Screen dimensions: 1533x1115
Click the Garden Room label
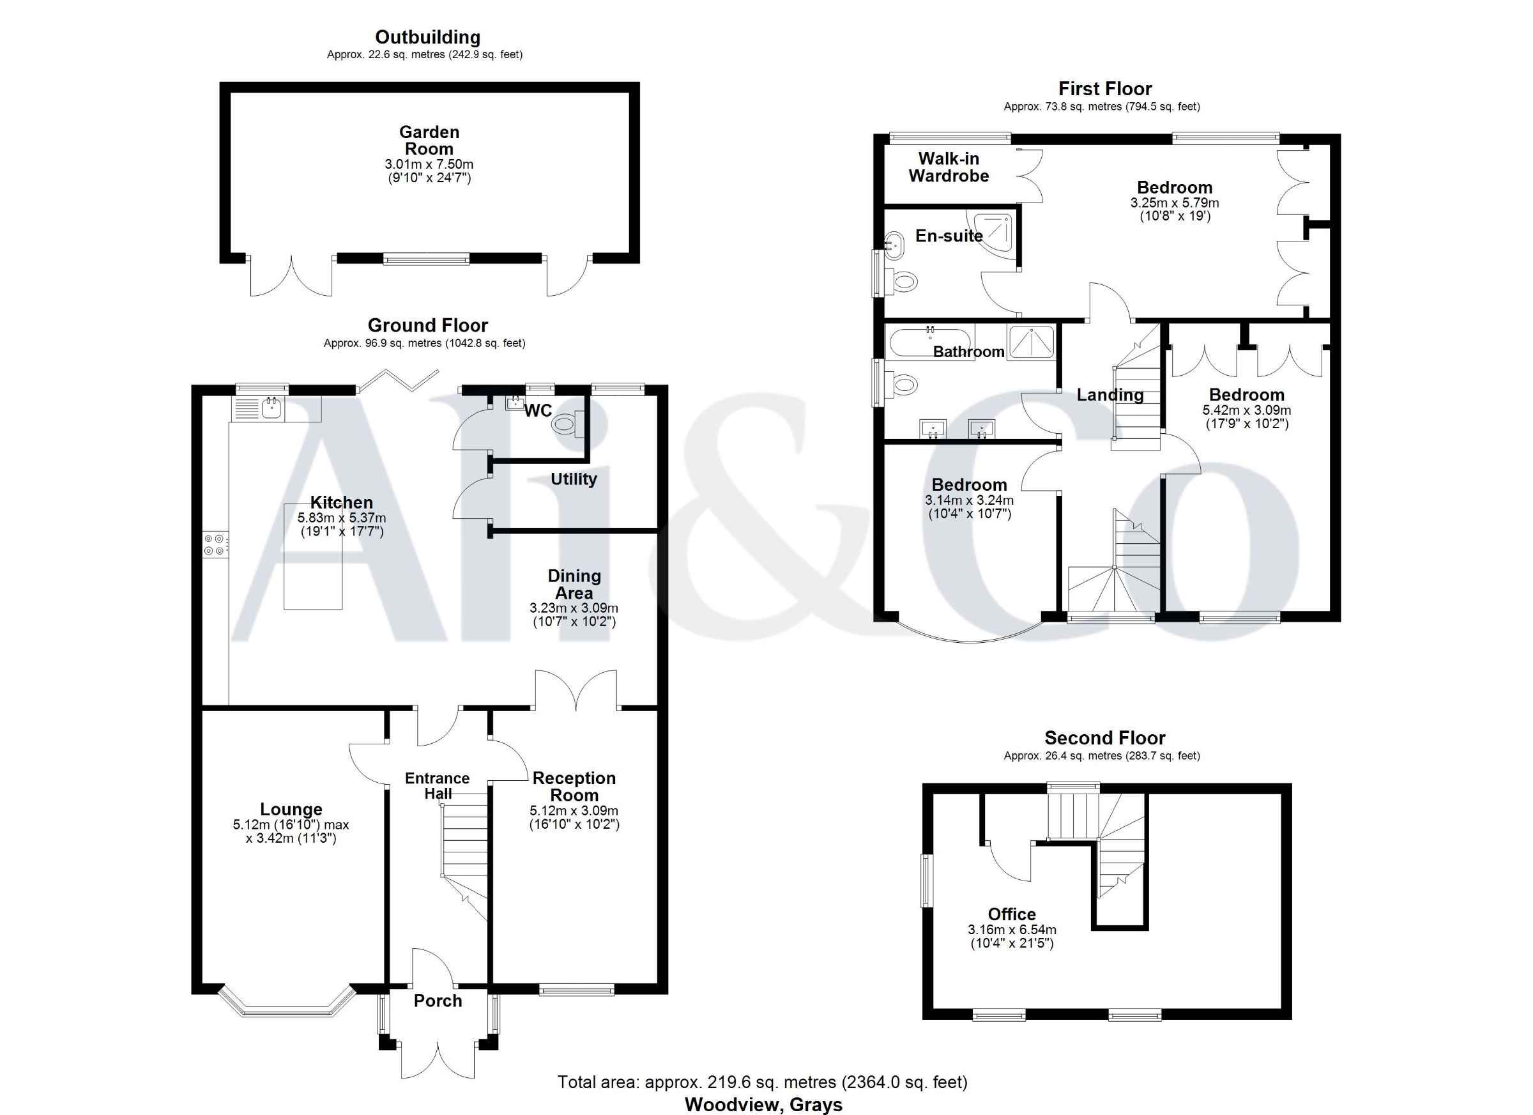tap(429, 141)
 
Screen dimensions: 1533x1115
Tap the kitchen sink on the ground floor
tap(257, 407)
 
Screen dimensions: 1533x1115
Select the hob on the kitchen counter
tap(217, 545)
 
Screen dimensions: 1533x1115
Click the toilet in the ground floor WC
tap(567, 425)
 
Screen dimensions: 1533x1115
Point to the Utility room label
tap(574, 479)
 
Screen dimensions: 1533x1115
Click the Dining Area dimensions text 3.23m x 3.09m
tap(574, 608)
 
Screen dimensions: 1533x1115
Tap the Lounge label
tap(291, 810)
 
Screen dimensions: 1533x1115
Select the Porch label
tap(438, 1001)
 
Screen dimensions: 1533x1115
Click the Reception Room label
tap(574, 787)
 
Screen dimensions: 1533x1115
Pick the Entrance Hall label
tap(438, 786)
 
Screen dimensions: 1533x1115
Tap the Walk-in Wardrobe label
tap(949, 167)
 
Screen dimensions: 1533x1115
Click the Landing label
tap(1110, 395)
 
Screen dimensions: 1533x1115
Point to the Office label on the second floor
tap(1012, 914)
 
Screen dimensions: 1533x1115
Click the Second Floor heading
tap(1105, 738)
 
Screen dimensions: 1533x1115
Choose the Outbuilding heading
tap(428, 37)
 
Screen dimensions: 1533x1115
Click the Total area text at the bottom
tap(763, 1082)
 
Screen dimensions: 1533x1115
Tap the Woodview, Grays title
tap(764, 1105)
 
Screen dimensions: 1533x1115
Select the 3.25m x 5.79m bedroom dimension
tap(1175, 203)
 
